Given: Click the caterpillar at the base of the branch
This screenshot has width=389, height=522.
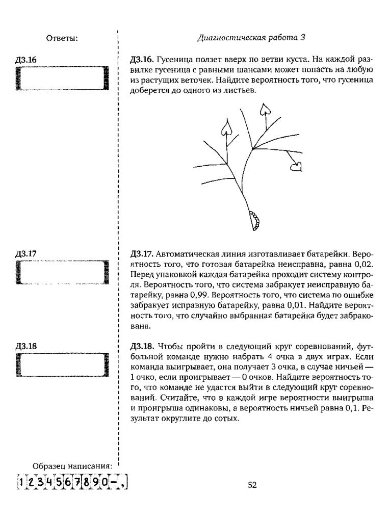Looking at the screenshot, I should [x=253, y=219].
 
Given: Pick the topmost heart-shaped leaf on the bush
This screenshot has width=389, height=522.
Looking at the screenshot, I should [x=265, y=108].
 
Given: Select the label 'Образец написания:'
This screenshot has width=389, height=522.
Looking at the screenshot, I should [x=71, y=466].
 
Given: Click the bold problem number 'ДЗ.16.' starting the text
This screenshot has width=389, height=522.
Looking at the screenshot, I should [x=142, y=59].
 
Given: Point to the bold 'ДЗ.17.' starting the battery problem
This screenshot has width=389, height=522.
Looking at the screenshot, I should [x=142, y=253].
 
